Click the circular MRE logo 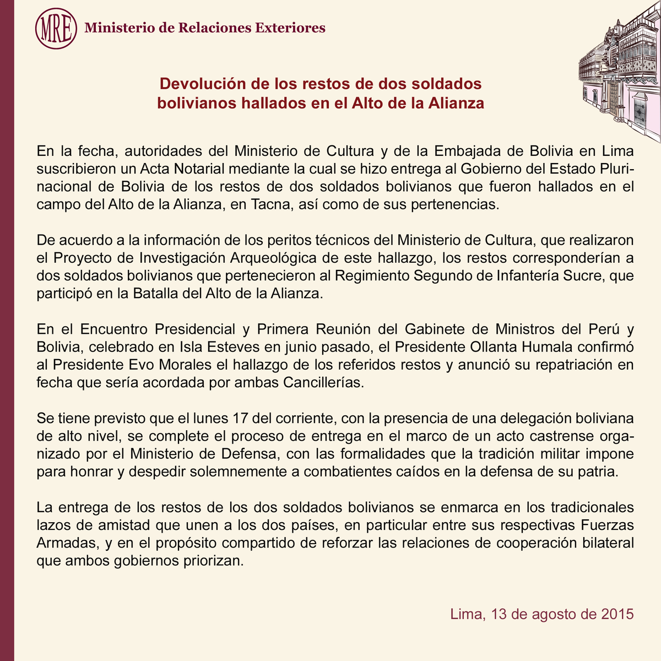point(56,28)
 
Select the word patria point(600,472)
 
